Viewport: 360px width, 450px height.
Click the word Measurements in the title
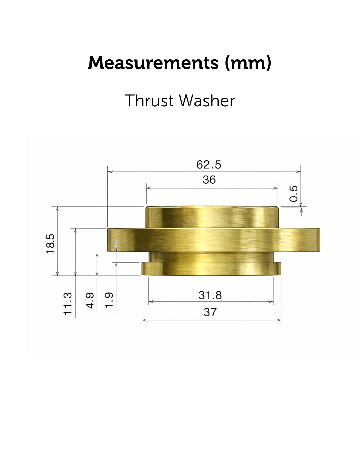153,63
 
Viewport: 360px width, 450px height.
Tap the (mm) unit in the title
248,63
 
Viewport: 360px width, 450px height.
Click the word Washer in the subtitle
207,101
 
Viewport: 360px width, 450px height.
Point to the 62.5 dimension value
209,165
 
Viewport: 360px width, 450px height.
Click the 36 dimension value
209,180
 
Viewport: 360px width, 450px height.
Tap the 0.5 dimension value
293,193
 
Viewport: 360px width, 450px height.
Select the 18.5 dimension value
50,244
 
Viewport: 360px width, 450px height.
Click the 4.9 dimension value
90,300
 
